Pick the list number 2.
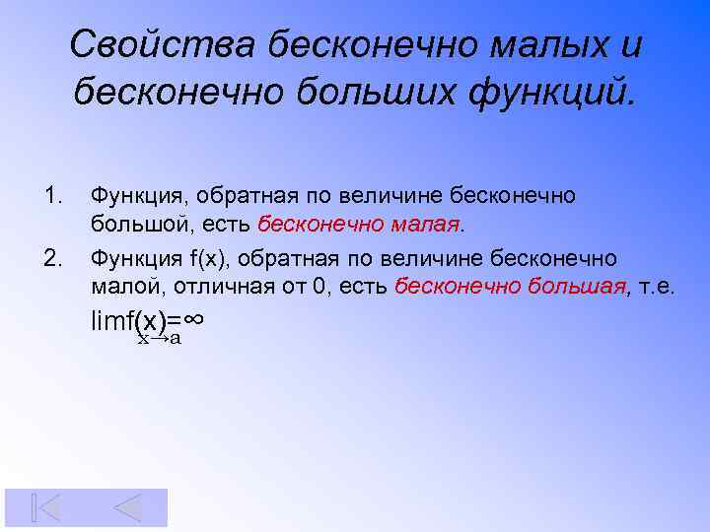(x=53, y=258)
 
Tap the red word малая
(x=424, y=225)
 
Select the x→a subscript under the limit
(x=159, y=338)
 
